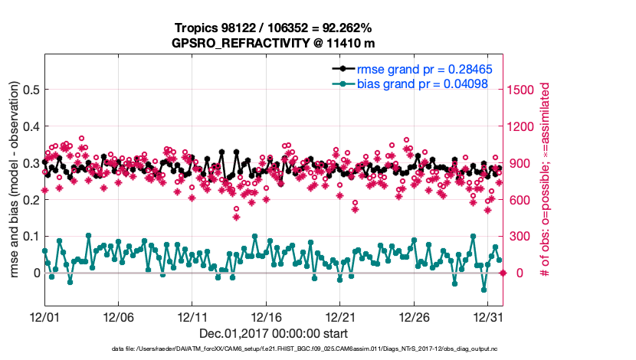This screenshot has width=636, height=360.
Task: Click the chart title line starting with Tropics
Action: [x=274, y=28]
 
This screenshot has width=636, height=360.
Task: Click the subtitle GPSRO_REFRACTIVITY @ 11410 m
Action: [x=274, y=43]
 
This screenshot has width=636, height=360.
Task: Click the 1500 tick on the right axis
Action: [x=520, y=90]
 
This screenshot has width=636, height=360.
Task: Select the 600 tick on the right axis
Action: [x=517, y=200]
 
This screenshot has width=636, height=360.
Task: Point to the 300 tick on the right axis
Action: [x=517, y=236]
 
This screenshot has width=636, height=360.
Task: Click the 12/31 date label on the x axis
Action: [x=487, y=316]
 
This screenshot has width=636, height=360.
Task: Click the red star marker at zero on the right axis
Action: [x=503, y=273]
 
